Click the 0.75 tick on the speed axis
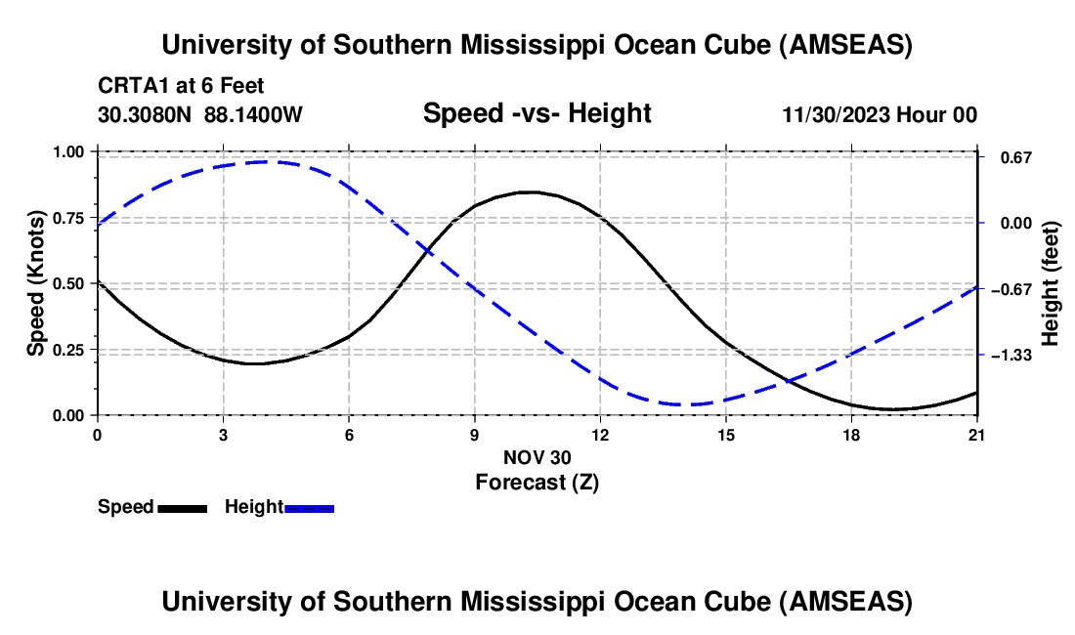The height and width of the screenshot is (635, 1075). pyautogui.click(x=70, y=217)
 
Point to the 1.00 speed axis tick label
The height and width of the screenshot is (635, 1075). pyautogui.click(x=70, y=151)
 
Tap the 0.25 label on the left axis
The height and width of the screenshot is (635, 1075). pyautogui.click(x=70, y=350)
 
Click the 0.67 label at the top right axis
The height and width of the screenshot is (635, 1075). pyautogui.click(x=1011, y=157)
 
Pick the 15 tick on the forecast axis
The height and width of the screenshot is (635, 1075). pyautogui.click(x=726, y=434)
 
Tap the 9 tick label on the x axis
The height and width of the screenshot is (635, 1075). pyautogui.click(x=475, y=434)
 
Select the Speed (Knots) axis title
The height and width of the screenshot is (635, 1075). pyautogui.click(x=35, y=283)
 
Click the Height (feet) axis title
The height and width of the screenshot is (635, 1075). pyautogui.click(x=1051, y=283)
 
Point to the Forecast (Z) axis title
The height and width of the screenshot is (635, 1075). pyautogui.click(x=537, y=482)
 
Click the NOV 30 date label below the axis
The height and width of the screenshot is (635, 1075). pyautogui.click(x=537, y=457)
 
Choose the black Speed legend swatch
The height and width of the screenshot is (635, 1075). pyautogui.click(x=182, y=507)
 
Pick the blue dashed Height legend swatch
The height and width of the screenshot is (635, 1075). pyautogui.click(x=310, y=507)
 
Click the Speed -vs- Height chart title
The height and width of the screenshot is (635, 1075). pyautogui.click(x=537, y=113)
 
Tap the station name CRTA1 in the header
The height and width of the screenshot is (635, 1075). pyautogui.click(x=129, y=86)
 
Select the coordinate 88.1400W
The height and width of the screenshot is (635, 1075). pyautogui.click(x=254, y=114)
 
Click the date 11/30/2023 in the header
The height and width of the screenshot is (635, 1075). pyautogui.click(x=834, y=114)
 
